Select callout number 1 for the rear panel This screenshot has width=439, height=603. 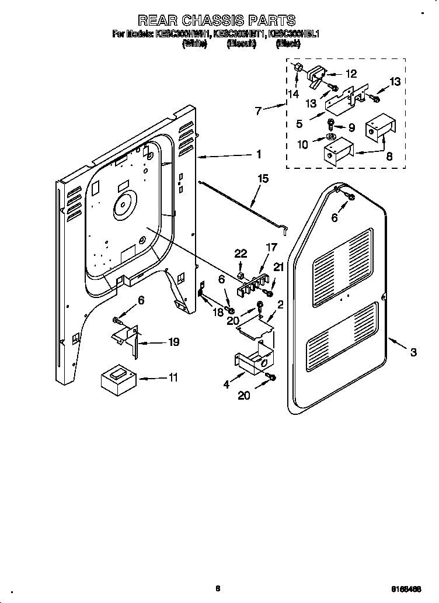tap(258, 155)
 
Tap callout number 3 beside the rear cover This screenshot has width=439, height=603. tap(413, 351)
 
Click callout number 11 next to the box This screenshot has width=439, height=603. tap(172, 378)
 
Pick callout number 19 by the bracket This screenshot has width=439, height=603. tap(173, 342)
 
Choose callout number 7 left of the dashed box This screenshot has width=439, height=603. tap(260, 109)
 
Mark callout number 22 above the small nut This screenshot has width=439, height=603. tap(241, 253)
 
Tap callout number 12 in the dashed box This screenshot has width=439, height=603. tap(350, 74)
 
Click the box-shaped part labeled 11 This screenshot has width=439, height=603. tap(119, 380)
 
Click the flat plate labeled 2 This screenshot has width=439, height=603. tap(256, 325)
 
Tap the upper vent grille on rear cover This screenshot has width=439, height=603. tap(342, 257)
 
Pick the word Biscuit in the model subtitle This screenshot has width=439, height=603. tap(241, 44)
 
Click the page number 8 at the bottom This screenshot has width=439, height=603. tap(218, 589)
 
